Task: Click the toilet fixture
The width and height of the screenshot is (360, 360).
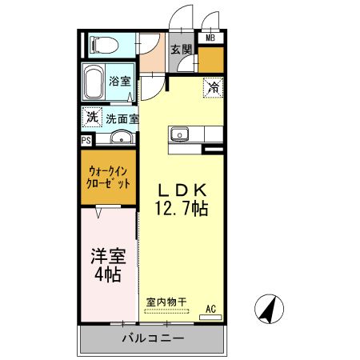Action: (x=102, y=43)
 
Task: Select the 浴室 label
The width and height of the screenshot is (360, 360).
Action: (x=120, y=81)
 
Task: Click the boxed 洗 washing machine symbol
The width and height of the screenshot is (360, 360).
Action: (x=93, y=117)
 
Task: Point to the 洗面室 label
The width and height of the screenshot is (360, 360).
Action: (x=122, y=118)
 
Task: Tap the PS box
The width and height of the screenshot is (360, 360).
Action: (x=86, y=139)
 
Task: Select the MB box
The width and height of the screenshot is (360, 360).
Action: (x=210, y=38)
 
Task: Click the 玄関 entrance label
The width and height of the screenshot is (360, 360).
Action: (x=182, y=50)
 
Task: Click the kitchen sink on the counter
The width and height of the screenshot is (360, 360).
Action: (x=178, y=134)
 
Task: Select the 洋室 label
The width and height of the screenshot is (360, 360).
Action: (x=105, y=257)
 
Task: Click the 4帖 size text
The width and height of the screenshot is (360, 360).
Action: (x=105, y=276)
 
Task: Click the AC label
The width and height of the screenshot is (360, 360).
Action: (x=211, y=308)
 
